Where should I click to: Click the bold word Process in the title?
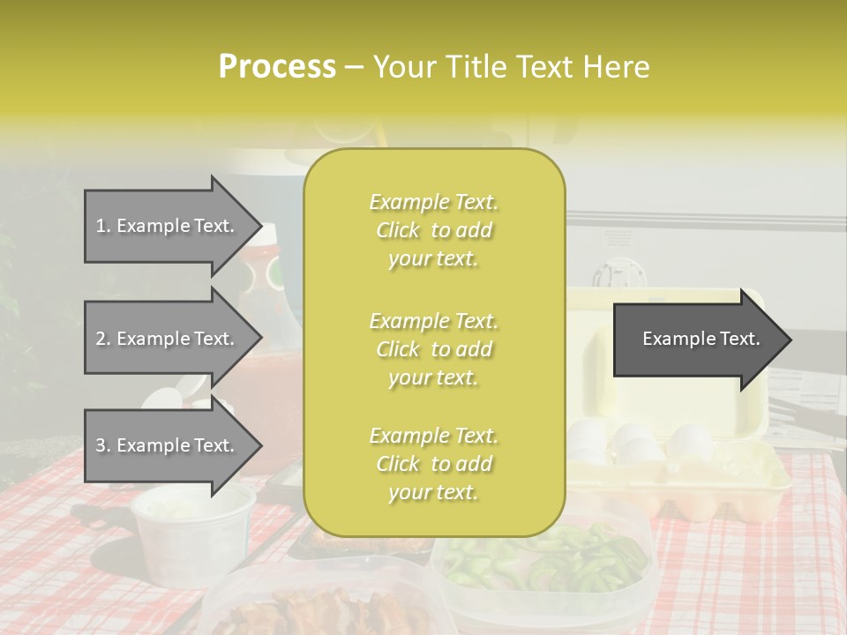coord(277,67)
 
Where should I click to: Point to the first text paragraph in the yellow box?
coord(433,230)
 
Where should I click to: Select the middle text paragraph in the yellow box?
coord(433,349)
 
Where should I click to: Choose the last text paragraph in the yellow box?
coord(433,464)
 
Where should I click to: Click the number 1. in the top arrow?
coord(103,226)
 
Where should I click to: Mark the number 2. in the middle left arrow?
coord(103,339)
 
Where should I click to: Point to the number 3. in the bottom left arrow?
coord(103,445)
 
